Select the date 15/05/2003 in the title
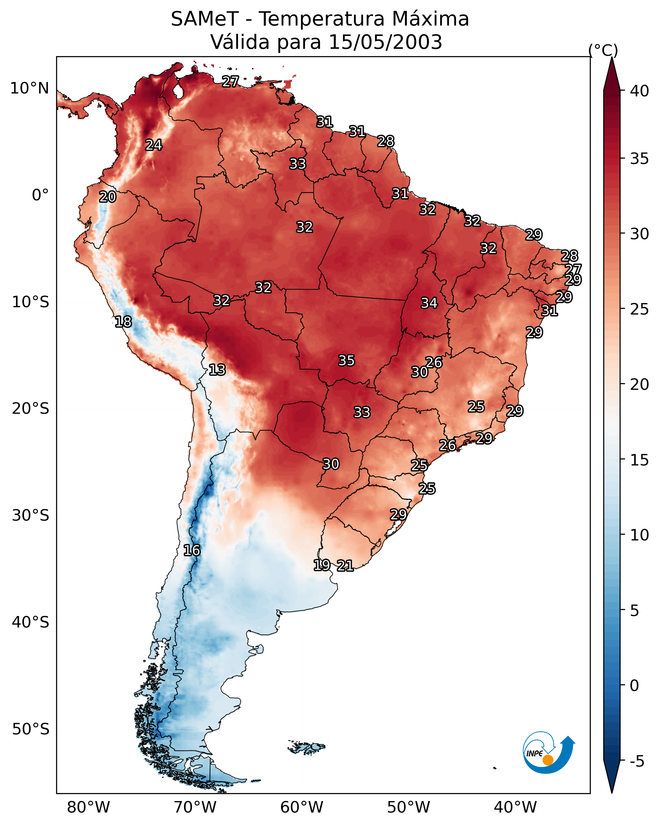tap(385, 42)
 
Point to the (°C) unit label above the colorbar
tap(603, 50)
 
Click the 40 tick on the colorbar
tap(640, 91)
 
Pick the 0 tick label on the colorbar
tap(634, 686)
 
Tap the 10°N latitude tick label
tap(29, 88)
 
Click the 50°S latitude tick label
tap(31, 729)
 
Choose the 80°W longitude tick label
tap(88, 807)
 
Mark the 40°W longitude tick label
tap(515, 807)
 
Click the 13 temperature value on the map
tap(217, 370)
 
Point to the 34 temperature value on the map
tap(429, 303)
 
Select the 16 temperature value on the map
tap(192, 550)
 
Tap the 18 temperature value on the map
tap(123, 322)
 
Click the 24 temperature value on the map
tap(154, 145)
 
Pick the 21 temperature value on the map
tap(345, 566)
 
